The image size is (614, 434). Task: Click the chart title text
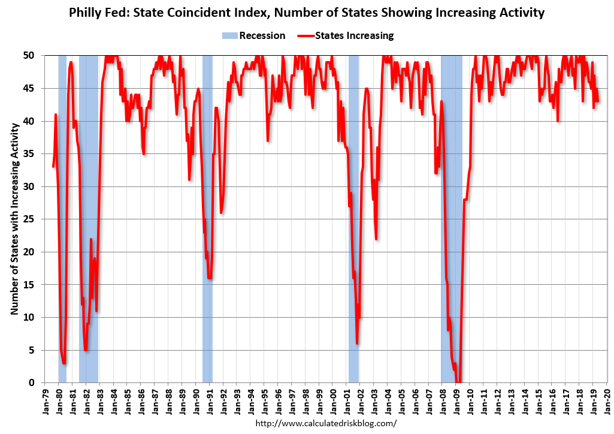click(x=307, y=13)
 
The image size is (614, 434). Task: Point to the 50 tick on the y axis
click(x=37, y=55)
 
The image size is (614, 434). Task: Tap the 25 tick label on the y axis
click(x=37, y=219)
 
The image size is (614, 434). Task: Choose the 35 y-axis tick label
click(x=37, y=153)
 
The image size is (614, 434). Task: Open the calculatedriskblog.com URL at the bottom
click(x=326, y=423)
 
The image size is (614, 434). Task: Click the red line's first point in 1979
click(x=53, y=166)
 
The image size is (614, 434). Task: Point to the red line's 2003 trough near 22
click(x=376, y=239)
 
